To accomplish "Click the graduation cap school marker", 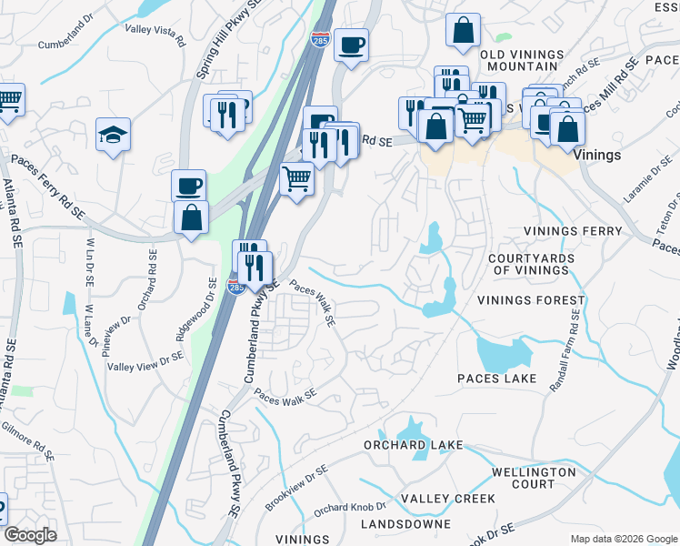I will tap(114, 136).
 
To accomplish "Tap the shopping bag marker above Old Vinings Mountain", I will tap(463, 29).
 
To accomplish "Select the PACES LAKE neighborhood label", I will tap(496, 378).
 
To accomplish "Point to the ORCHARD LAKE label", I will tap(414, 445).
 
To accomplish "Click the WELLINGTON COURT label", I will tap(534, 478).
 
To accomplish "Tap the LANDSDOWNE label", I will tap(405, 524).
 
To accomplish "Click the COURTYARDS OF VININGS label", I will tap(533, 264).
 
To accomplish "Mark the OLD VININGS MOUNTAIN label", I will tap(522, 60).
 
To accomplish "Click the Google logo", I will tap(30, 535).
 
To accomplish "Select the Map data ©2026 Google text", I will tap(624, 539).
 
